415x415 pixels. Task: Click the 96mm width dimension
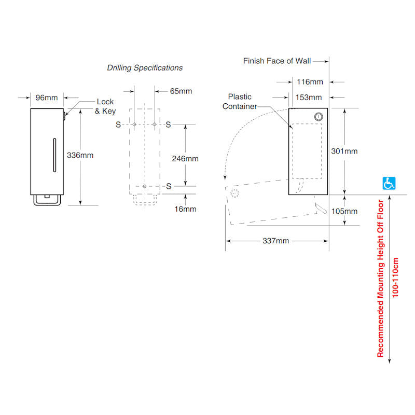pos(47,98)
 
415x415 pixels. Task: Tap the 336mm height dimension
pos(80,155)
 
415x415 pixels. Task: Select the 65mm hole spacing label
pos(181,91)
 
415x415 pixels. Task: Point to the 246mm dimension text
pos(185,159)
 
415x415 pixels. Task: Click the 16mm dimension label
pos(185,209)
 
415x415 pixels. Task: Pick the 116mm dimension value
pos(310,82)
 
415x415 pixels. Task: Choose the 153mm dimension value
pos(309,98)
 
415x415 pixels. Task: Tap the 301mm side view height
pos(344,151)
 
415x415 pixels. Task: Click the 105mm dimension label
pos(344,211)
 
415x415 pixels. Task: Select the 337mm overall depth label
pos(276,241)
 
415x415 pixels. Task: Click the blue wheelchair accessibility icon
pos(389,183)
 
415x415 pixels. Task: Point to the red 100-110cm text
pos(395,278)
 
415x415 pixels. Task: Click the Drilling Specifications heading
pos(145,68)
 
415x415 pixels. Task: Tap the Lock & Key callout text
pos(105,106)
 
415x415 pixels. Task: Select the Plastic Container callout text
pos(240,102)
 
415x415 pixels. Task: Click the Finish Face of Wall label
pos(277,61)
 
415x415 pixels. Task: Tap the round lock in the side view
pos(319,117)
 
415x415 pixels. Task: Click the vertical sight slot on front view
pos(54,155)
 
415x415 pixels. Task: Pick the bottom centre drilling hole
pos(145,186)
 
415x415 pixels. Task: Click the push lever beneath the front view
pos(47,200)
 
